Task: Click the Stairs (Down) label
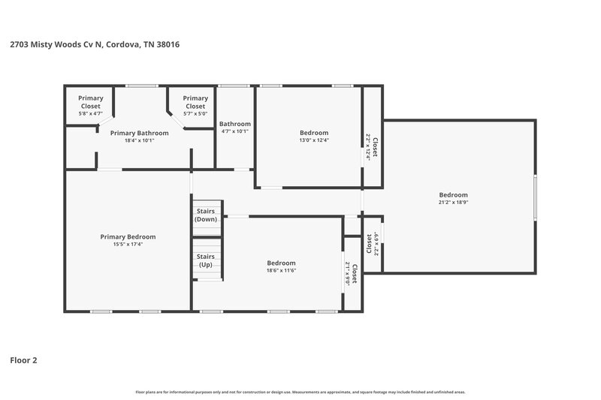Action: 206,215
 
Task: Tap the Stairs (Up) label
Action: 206,260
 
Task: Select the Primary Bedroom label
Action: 128,236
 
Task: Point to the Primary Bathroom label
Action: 139,133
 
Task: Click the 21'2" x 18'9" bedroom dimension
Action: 453,202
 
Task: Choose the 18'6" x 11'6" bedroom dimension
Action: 281,270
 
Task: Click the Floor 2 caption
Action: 23,360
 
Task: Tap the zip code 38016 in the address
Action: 168,44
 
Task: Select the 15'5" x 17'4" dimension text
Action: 128,244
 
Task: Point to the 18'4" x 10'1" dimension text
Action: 139,140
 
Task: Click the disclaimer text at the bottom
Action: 300,392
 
